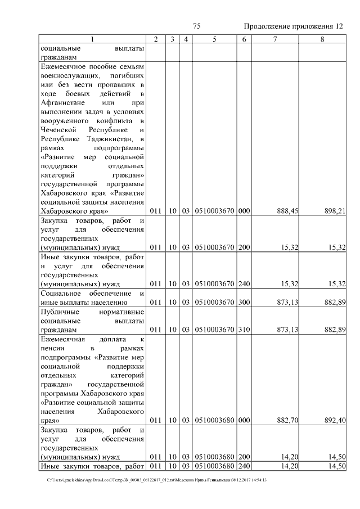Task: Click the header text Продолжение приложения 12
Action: [293, 26]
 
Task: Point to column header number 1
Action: [93, 38]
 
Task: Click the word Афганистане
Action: [64, 102]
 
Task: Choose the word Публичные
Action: [60, 311]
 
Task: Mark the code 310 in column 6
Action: [244, 329]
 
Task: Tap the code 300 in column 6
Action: [244, 302]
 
